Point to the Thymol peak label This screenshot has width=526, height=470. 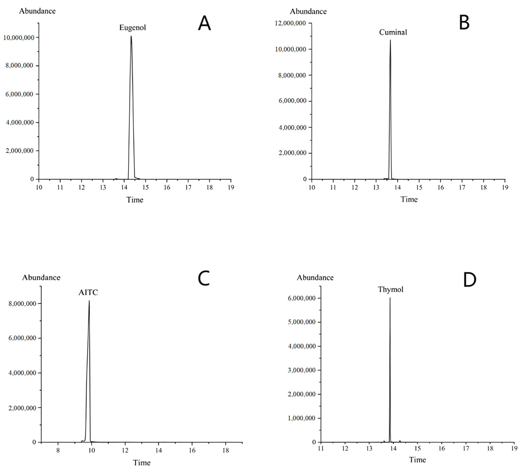tap(390, 290)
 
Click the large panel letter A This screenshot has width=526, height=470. tap(204, 23)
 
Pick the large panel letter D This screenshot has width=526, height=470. tap(469, 280)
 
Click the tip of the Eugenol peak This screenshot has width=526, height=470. tap(131, 36)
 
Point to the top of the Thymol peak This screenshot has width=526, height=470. tap(390, 298)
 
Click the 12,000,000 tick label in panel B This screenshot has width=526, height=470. tap(290, 23)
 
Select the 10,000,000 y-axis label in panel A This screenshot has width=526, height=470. tap(19, 38)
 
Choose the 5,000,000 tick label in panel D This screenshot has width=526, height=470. tap(301, 322)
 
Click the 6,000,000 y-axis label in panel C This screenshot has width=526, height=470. tap(22, 338)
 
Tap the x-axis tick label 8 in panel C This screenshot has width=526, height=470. tap(58, 451)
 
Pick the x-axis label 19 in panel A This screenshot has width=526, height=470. tap(231, 187)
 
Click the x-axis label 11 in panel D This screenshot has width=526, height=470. tap(321, 449)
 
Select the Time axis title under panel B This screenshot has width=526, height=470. tap(409, 199)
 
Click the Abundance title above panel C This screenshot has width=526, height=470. tap(41, 278)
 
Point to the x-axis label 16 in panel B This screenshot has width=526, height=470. tap(440, 187)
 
